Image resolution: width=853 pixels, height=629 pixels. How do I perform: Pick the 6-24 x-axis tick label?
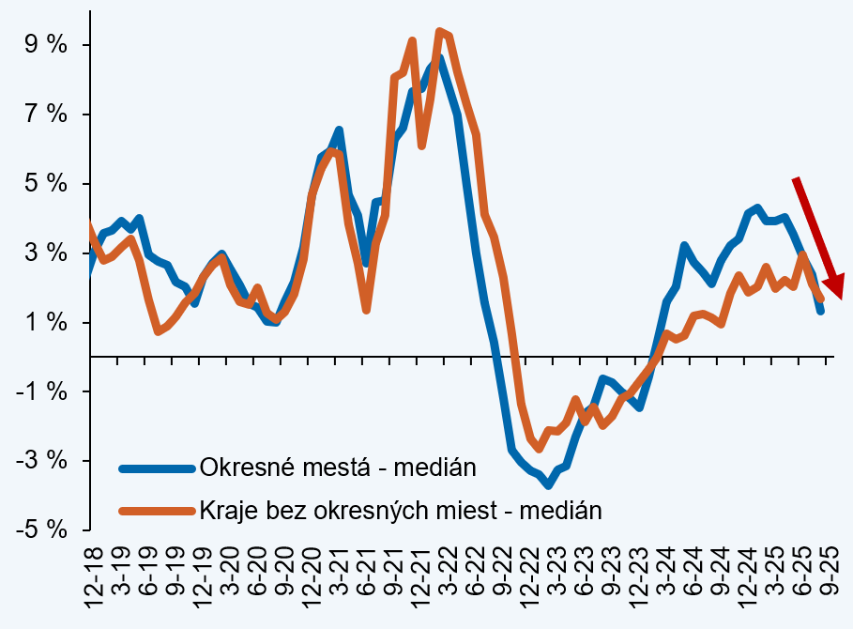coord(694,577)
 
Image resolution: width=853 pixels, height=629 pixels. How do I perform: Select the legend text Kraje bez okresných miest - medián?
coord(400,510)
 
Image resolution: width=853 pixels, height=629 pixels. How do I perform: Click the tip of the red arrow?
coord(838,298)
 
